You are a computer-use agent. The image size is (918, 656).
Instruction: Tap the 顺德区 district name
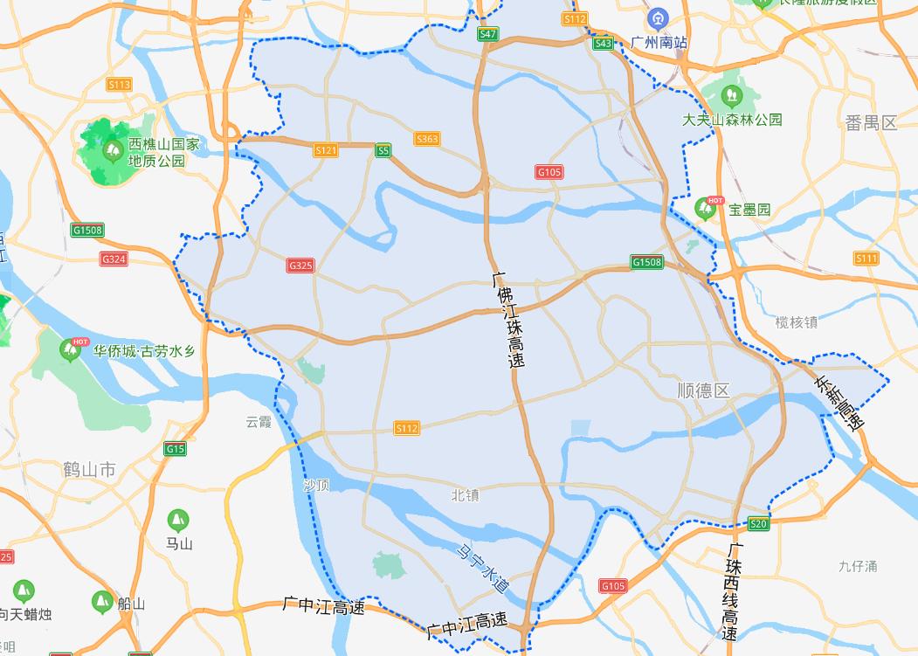[703, 390]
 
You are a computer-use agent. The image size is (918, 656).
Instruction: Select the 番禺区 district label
[871, 122]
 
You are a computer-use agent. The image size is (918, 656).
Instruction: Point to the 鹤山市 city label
[89, 470]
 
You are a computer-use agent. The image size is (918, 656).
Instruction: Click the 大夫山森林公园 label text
[732, 120]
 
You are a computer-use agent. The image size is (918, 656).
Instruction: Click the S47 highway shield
[488, 35]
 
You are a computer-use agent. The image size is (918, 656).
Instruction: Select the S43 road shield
[603, 43]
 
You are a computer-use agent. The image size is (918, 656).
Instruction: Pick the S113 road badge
[119, 85]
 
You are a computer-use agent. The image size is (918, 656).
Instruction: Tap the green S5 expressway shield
[383, 151]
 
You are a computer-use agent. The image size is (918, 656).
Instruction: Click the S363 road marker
[428, 139]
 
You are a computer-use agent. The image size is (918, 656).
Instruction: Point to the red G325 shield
[300, 266]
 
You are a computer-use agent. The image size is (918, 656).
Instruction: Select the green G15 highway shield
[175, 449]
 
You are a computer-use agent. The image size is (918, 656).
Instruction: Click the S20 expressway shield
[758, 523]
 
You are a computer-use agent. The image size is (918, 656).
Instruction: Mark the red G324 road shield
[114, 259]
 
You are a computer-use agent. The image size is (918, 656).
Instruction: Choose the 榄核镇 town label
[796, 322]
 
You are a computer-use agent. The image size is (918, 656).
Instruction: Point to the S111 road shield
[866, 259]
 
